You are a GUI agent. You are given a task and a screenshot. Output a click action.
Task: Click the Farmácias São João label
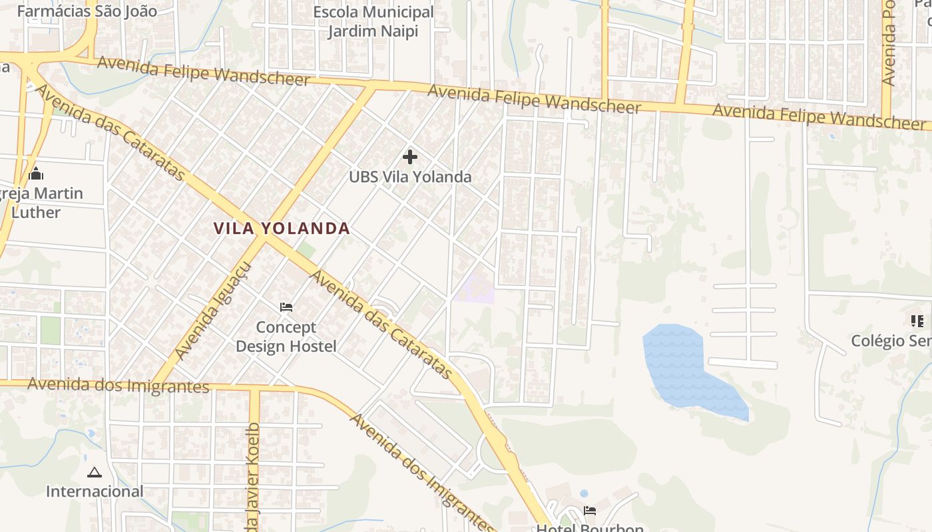pos(87,11)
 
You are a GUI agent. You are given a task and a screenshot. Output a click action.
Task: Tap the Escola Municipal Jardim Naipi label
pos(373,21)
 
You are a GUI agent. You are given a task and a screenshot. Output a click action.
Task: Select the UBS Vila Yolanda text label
pos(410,177)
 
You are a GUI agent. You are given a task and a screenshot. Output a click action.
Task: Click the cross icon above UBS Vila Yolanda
pos(410,157)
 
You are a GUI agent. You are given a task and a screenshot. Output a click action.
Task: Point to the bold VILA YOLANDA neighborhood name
pos(282,228)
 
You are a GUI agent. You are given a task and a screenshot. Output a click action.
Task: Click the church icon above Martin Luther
pos(36,174)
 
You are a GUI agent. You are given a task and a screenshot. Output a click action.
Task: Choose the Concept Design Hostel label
pos(286,336)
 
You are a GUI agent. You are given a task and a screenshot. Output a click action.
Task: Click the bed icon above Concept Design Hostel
pos(286,307)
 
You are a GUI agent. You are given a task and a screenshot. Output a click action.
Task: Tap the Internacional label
pos(94,491)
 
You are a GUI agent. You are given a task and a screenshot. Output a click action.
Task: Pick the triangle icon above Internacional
pos(94,473)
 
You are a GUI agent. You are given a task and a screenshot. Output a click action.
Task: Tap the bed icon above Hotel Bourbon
pos(590,511)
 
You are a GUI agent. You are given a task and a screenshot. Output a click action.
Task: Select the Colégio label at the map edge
pos(891,340)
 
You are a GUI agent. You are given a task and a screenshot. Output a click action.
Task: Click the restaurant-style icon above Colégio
pos(917,321)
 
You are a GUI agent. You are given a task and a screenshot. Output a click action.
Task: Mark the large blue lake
pos(679,366)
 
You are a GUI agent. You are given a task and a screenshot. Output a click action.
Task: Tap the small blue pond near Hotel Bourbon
pos(584,494)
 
